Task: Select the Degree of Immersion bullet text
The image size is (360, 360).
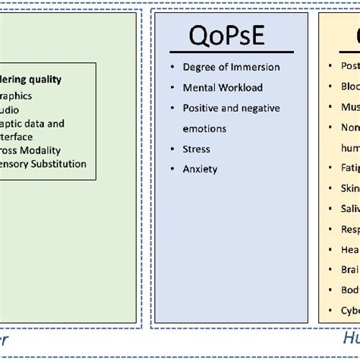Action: tap(231, 67)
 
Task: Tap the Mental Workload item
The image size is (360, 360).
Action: tap(223, 87)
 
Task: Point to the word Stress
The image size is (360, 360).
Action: tap(196, 149)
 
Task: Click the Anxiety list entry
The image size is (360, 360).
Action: tap(200, 169)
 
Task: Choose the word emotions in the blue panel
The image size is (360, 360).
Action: tap(207, 128)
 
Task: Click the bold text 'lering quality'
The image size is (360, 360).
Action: tap(31, 79)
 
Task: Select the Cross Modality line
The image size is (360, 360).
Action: tap(30, 150)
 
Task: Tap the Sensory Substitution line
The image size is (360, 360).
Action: tap(43, 163)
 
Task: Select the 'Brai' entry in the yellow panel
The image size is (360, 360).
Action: tap(349, 269)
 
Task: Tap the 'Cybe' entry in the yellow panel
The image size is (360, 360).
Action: tap(349, 310)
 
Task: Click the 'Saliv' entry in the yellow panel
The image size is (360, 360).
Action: tap(349, 207)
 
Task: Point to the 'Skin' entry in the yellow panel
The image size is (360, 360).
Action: tap(349, 187)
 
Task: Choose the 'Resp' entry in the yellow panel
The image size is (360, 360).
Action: tap(349, 228)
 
